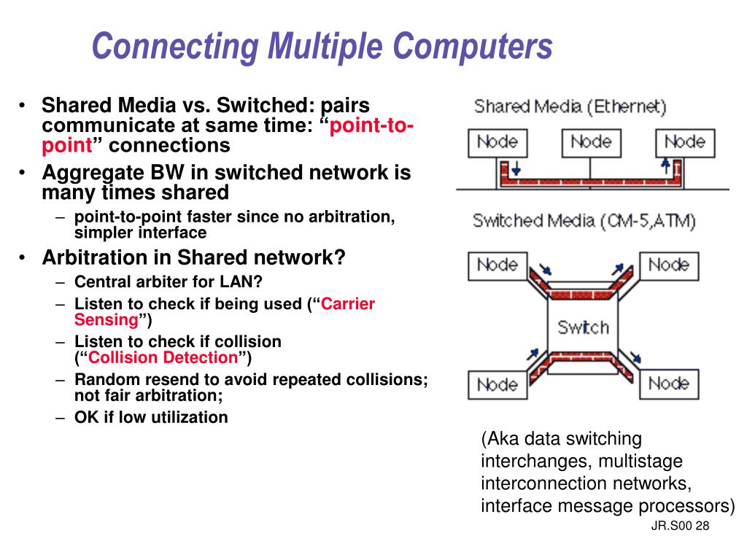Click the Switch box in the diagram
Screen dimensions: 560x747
583,327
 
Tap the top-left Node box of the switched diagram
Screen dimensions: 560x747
497,265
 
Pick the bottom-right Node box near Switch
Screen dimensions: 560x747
668,384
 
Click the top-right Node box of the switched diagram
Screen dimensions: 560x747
668,265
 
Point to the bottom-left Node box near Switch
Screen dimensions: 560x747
497,384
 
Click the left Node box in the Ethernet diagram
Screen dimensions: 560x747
497,142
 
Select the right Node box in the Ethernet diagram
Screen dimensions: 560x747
684,142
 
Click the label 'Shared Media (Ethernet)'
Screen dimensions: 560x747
570,107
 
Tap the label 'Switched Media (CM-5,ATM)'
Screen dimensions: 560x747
584,220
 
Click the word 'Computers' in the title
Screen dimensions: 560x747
473,45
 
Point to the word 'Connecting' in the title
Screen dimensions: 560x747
175,45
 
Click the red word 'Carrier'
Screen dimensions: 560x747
348,303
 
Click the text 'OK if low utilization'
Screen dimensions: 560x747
151,417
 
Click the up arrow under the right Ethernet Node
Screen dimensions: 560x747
665,166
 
